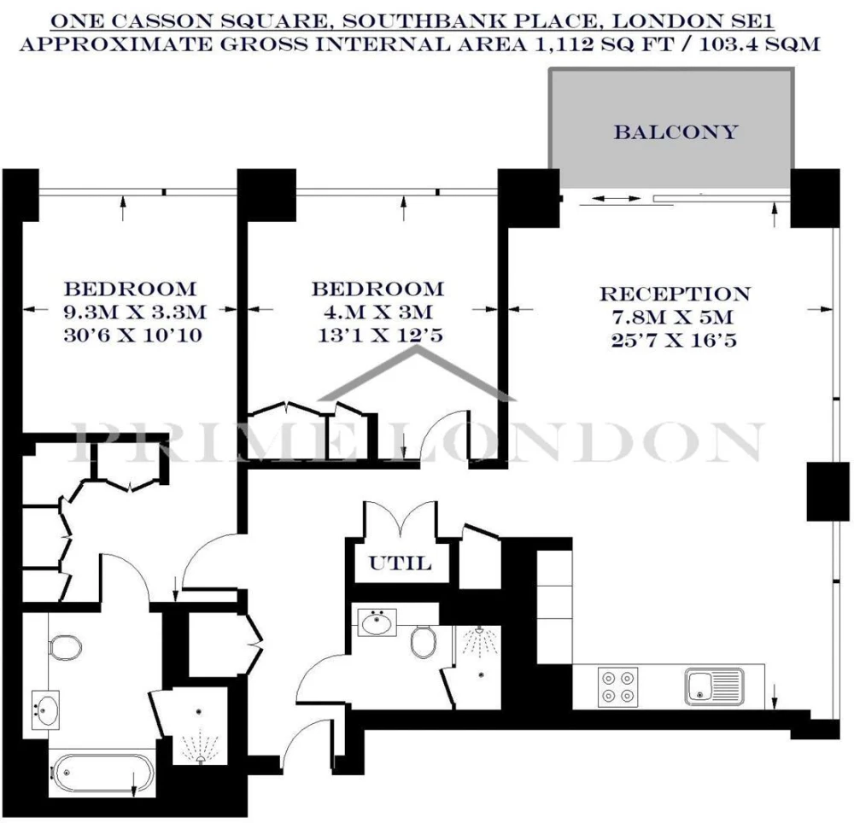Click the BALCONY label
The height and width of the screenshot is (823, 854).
click(x=676, y=132)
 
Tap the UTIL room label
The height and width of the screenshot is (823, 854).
click(x=401, y=563)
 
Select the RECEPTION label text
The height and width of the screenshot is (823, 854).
click(x=675, y=294)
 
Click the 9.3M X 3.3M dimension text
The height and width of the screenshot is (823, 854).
click(x=135, y=312)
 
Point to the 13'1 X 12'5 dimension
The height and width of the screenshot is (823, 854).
click(x=380, y=336)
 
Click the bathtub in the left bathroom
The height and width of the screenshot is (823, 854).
click(x=102, y=772)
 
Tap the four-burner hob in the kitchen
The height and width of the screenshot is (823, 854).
click(x=617, y=687)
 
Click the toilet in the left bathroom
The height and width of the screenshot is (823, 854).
click(x=65, y=647)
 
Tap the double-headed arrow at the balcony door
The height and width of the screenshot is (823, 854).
click(x=616, y=199)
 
